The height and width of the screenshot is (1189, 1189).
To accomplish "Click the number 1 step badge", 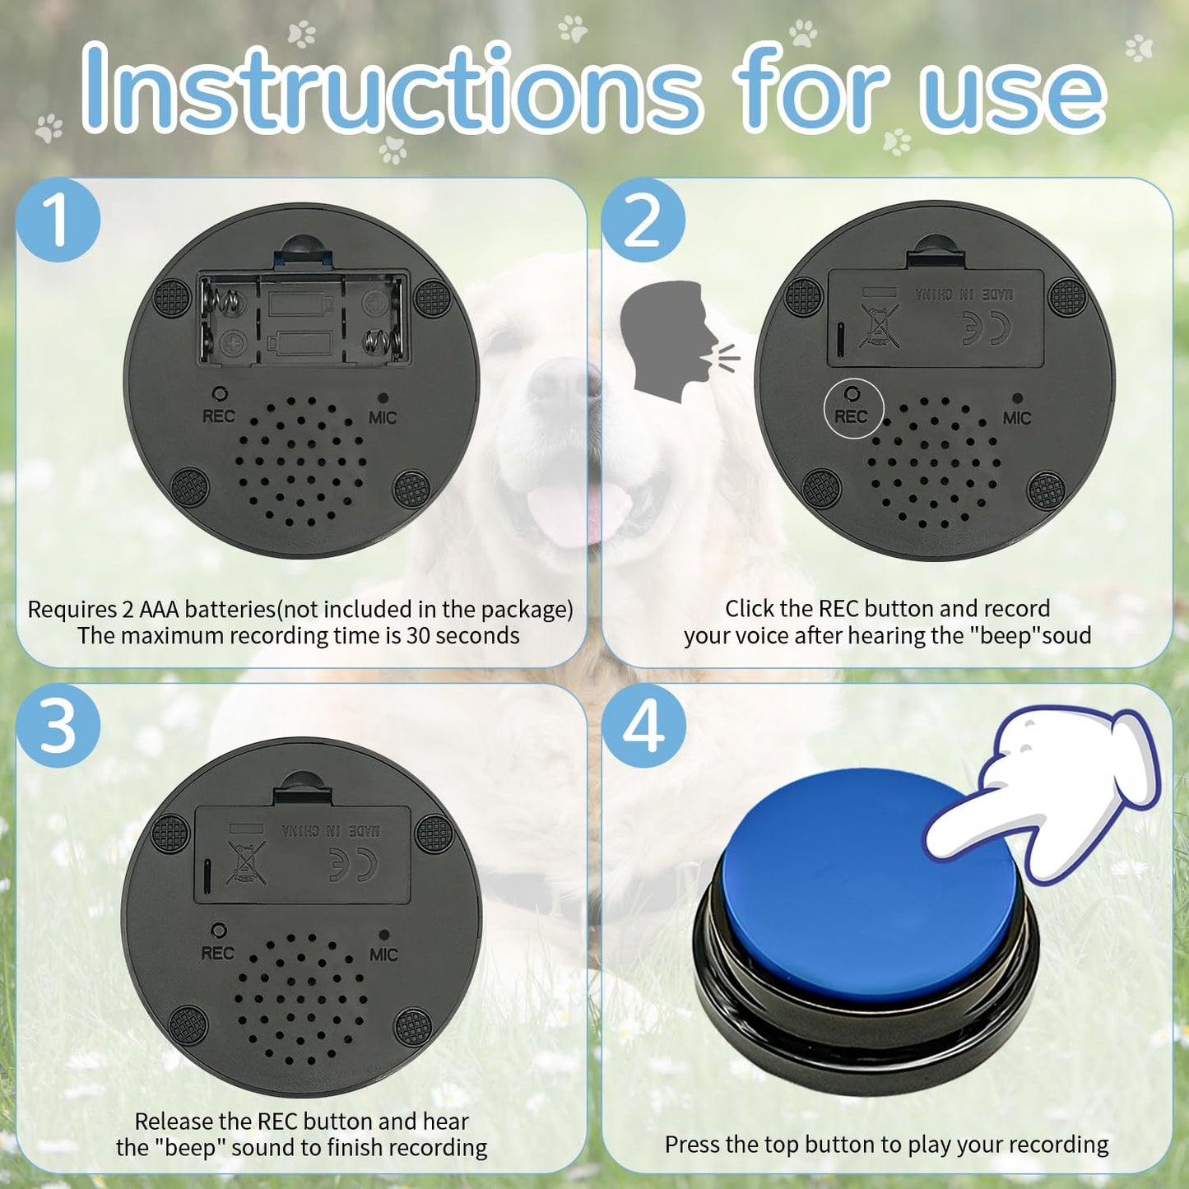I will click(58, 220).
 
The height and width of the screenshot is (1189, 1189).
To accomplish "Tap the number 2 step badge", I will click(643, 220).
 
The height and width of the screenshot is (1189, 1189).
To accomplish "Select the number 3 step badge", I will click(58, 726).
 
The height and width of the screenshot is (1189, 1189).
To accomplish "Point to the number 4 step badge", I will click(643, 726).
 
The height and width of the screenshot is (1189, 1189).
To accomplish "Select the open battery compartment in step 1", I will click(302, 319).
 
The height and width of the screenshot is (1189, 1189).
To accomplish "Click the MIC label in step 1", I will click(383, 418).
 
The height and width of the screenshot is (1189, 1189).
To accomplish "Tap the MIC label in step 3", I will click(383, 954).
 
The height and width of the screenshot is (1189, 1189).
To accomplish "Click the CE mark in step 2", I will click(987, 330).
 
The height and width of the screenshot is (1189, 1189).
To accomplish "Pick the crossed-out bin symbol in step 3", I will click(246, 862).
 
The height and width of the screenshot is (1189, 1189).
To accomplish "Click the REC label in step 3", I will click(217, 953).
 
